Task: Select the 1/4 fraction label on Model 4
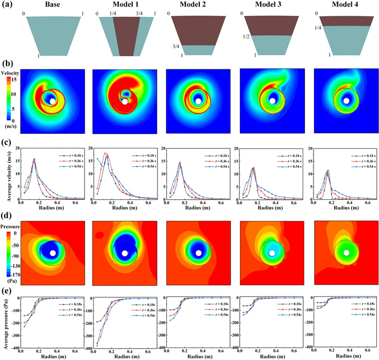[319, 27]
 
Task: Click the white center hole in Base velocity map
[52, 101]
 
